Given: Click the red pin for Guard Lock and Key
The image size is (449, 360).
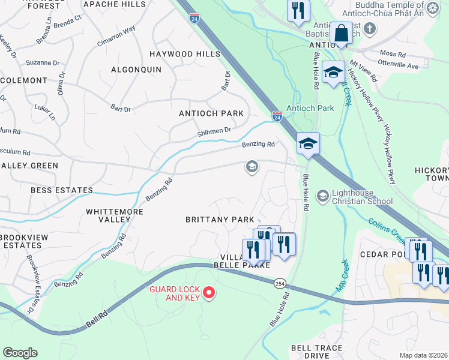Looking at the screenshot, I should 209,292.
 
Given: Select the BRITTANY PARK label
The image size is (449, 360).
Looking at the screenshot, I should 219,220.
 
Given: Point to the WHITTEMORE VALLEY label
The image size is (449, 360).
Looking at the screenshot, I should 108,215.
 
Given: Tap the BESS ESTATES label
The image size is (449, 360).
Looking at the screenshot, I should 62,190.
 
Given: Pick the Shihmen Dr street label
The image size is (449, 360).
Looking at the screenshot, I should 214,130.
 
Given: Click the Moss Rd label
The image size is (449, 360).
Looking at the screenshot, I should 393,54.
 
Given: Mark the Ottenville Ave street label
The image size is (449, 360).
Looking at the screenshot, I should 398,65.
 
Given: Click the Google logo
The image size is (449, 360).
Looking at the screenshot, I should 20,353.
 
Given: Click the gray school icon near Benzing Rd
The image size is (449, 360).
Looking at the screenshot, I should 252,167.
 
